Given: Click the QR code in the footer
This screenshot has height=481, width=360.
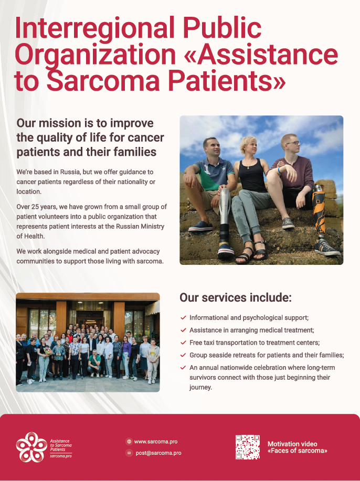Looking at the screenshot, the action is (247, 447).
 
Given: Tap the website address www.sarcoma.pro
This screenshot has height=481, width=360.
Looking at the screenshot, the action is (156, 442).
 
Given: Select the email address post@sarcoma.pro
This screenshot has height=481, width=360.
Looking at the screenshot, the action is (158, 453).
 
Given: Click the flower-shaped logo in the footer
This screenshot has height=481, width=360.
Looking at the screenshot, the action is (31, 447).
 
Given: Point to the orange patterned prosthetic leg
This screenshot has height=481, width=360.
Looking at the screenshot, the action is (319, 209).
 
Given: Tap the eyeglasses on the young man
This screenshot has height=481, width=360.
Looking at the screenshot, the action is (293, 143).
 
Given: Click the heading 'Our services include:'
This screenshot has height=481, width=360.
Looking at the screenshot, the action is (236, 297).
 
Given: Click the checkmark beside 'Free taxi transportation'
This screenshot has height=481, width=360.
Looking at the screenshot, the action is (183, 343).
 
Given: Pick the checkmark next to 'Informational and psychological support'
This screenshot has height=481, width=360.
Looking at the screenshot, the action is (183, 318).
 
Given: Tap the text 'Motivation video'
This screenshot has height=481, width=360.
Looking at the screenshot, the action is (292, 444).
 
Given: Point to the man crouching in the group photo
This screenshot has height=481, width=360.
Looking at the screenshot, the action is (94, 364).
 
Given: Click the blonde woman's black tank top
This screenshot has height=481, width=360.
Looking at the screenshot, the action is (252, 176).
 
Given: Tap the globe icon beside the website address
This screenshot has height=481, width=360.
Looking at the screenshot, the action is (129, 442).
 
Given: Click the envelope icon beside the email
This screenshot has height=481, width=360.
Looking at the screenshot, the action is (129, 453).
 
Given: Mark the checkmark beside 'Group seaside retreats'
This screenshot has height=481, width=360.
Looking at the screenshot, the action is (183, 355).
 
